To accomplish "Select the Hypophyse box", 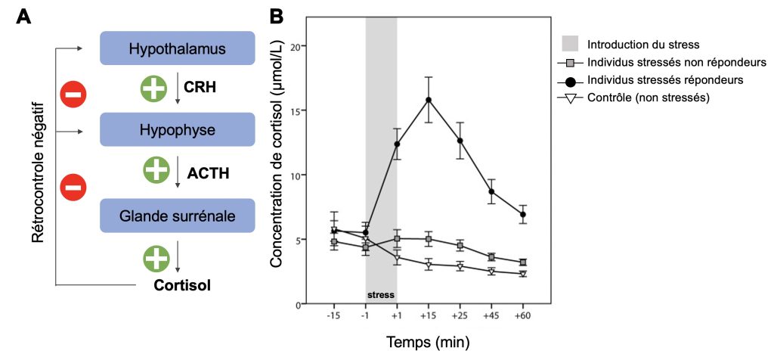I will (177, 129).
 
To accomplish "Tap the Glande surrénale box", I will (177, 216).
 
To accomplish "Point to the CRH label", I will (200, 88).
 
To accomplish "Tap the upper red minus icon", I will (74, 95).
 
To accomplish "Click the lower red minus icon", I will (74, 185).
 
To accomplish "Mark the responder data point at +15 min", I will (429, 100).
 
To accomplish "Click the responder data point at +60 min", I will (522, 215).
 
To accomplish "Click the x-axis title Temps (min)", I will (429, 342).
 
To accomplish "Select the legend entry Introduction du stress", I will (643, 44).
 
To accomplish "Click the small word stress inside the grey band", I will (381, 294).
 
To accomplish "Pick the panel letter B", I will (277, 15).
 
